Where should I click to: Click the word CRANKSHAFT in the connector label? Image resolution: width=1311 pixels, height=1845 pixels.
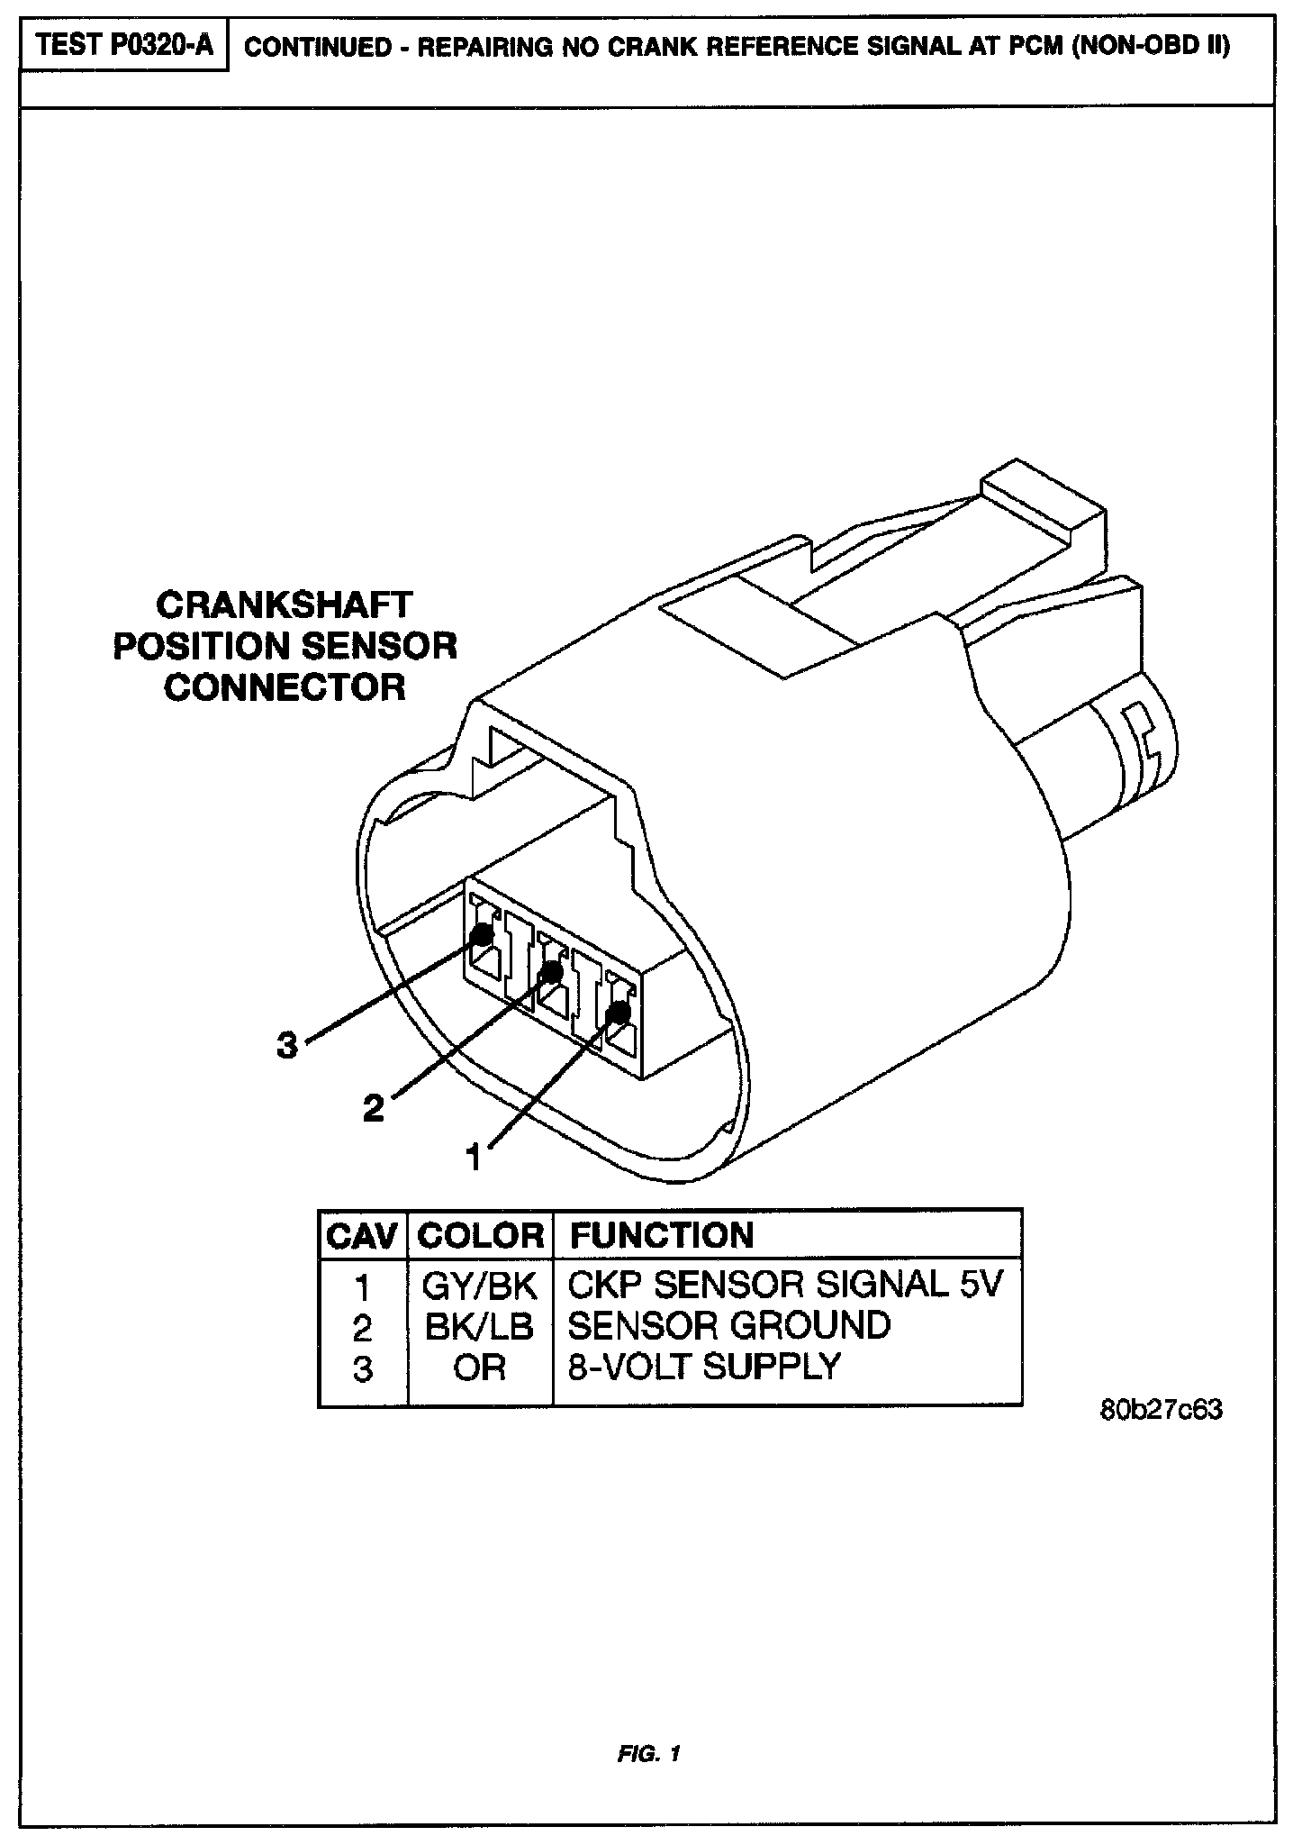285,604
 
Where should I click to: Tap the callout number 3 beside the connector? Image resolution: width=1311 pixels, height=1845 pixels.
286,1046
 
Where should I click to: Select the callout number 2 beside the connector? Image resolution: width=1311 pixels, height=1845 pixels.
373,1107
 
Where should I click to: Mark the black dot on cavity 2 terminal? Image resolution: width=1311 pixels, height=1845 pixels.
550,973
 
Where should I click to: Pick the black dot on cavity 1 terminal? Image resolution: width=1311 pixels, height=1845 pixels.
617,1013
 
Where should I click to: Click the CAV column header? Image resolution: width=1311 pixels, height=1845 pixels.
362,1235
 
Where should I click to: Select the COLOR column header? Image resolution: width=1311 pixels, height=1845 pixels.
481,1235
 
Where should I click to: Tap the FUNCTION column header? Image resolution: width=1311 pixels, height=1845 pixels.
662,1235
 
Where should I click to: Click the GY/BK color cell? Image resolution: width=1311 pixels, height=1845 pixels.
479,1286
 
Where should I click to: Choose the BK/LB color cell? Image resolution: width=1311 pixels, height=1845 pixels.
479,1327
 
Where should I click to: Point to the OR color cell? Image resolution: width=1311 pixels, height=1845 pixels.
479,1368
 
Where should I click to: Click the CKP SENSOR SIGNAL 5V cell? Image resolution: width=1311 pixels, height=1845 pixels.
784,1286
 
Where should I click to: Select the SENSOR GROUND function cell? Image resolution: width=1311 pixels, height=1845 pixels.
729,1326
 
